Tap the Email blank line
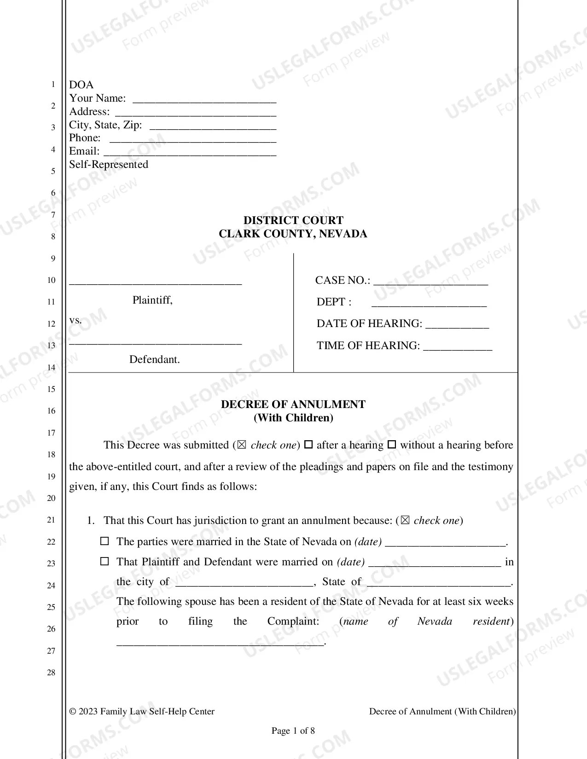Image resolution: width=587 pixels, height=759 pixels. click(190, 152)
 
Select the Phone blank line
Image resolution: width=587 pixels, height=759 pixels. click(193, 139)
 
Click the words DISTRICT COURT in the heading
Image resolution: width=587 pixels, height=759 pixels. click(293, 220)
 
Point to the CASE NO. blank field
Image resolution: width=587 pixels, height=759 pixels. click(430, 282)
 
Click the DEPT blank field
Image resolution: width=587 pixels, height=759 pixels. click(429, 303)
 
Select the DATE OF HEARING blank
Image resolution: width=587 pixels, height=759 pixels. click(457, 325)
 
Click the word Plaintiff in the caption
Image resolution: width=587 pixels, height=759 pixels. click(152, 300)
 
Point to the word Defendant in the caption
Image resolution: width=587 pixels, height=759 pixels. click(154, 359)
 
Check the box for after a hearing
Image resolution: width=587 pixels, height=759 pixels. click(309, 445)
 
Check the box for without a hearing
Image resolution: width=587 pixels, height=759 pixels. click(392, 445)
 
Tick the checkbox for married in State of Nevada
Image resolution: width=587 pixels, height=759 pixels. click(105, 541)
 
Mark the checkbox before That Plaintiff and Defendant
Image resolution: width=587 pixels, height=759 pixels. click(105, 562)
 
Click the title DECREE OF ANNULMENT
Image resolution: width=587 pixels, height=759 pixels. click(293, 404)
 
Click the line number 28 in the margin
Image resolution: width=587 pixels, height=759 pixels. click(51, 673)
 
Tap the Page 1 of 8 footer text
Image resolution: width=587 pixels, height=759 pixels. click(293, 730)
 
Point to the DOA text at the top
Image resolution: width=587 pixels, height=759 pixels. click(81, 85)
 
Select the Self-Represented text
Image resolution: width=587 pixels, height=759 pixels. click(109, 165)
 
